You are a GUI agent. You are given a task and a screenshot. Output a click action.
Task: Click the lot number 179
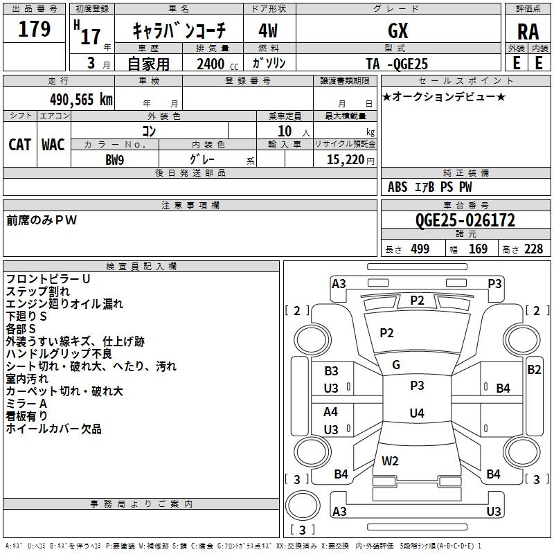(34, 29)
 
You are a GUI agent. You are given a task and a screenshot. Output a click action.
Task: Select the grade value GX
(397, 30)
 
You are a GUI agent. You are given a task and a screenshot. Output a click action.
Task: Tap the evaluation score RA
(528, 32)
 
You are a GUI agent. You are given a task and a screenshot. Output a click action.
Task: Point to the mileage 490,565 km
(81, 100)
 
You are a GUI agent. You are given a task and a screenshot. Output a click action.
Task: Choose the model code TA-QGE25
(397, 64)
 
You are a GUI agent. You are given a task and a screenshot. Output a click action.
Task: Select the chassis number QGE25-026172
(465, 220)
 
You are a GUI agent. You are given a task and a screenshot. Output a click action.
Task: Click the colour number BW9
(115, 160)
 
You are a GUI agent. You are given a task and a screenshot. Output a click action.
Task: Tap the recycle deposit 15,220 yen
(350, 160)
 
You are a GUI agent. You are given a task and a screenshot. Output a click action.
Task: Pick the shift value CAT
(20, 145)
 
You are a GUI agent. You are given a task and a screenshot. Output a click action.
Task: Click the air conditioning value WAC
(53, 145)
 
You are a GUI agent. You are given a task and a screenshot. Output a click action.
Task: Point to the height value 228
(533, 249)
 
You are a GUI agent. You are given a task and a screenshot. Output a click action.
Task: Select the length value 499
(420, 249)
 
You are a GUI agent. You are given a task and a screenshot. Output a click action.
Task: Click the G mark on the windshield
(396, 365)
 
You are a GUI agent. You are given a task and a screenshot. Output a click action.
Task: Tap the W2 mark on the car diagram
(390, 461)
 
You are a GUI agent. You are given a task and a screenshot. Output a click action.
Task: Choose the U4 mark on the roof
(417, 413)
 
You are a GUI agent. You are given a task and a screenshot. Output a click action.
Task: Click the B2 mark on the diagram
(534, 370)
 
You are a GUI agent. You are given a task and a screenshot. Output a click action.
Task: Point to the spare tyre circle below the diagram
(303, 506)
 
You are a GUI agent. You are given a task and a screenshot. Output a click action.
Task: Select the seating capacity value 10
(285, 131)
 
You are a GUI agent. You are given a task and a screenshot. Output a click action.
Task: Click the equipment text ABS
(397, 187)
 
